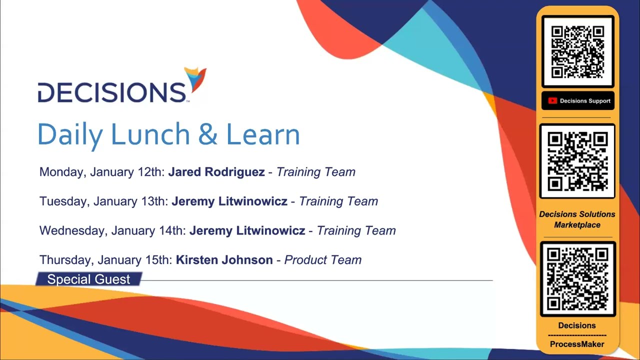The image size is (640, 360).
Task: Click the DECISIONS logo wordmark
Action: (112, 92)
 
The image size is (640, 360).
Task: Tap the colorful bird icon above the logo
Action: (195, 79)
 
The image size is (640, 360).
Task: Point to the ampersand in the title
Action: (208, 134)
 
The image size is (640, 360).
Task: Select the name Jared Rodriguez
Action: (216, 172)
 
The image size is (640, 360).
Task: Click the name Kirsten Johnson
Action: (224, 260)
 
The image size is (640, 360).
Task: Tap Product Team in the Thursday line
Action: (322, 260)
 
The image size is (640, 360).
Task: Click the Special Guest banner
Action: (88, 279)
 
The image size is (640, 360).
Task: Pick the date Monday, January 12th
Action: (102, 172)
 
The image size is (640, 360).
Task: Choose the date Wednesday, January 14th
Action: (112, 230)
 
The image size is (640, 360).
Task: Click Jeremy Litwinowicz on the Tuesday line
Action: (229, 201)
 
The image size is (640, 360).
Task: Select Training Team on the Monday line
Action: (315, 172)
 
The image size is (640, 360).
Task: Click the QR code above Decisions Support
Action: (577, 52)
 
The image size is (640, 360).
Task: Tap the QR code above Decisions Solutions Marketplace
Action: (577, 161)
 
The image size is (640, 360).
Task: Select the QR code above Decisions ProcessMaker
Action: (577, 279)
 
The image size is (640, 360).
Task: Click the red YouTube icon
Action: (552, 101)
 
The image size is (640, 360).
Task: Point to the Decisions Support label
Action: (585, 101)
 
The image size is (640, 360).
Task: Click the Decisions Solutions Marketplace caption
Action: (577, 219)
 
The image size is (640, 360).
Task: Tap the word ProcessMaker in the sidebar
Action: (577, 344)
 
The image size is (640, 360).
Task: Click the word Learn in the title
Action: (263, 134)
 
